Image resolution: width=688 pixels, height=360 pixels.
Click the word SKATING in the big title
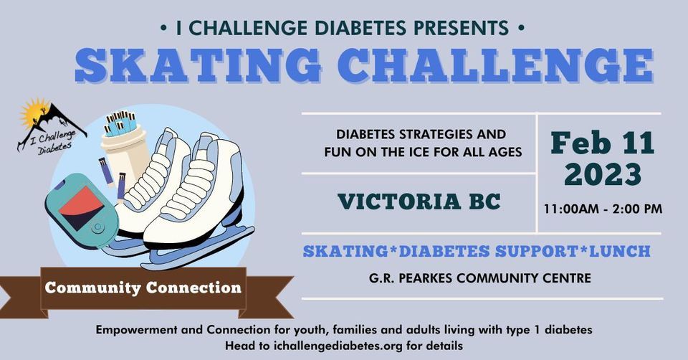199,66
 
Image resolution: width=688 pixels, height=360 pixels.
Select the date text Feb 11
603,143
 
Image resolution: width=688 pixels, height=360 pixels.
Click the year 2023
603,174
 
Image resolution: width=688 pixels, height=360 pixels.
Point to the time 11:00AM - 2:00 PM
603,209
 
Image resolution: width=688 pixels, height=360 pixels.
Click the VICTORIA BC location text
419,202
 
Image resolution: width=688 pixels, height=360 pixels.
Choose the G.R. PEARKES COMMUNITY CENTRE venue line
480,278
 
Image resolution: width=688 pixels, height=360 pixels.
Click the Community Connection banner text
143,288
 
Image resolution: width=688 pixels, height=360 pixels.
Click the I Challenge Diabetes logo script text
55,141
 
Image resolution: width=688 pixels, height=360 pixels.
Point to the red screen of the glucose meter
81,208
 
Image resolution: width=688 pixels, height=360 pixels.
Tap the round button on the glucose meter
98,227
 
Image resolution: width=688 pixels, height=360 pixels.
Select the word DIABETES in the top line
361,28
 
